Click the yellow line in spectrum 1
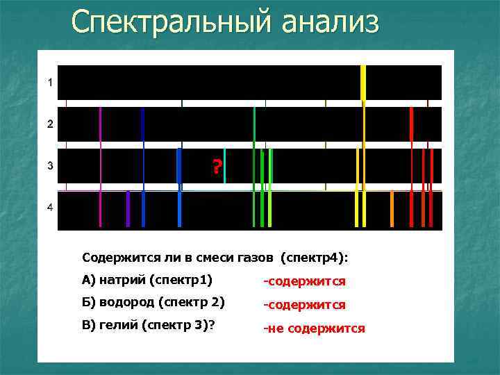pos(363,82)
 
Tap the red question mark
pos(217,167)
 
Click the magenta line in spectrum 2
pos(101,124)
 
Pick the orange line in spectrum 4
pos(392,209)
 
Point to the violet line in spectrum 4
pos(128,209)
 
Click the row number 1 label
pos(49,83)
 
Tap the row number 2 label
pos(49,124)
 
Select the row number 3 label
pos(49,166)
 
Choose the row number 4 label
pos(49,208)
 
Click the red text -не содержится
pos(313,328)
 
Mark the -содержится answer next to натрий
pos(303,281)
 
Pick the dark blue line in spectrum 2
pos(142,124)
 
